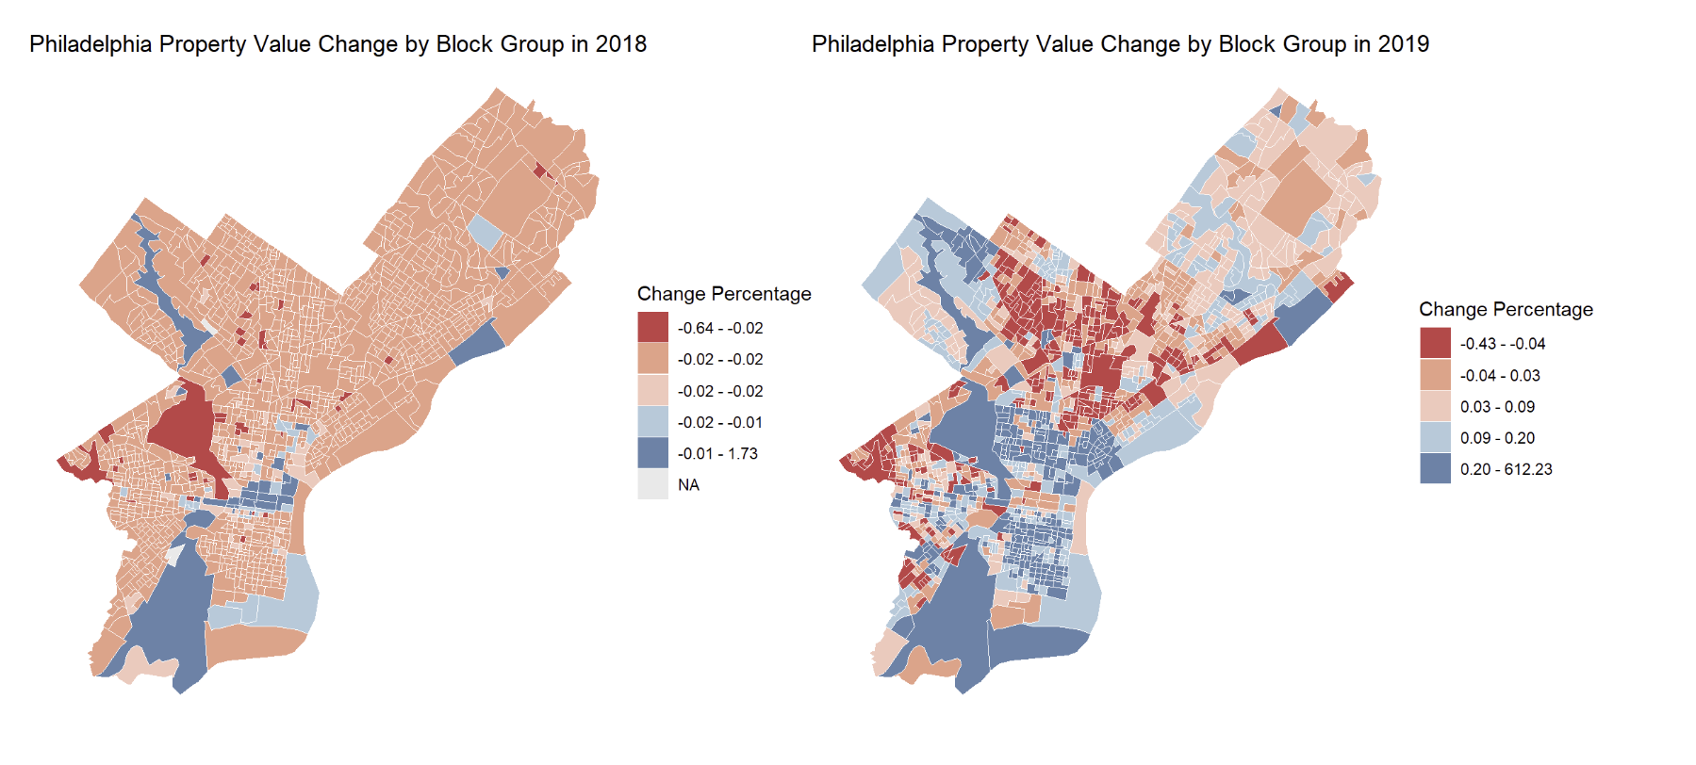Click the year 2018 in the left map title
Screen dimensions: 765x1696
620,44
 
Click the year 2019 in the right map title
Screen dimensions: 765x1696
1403,44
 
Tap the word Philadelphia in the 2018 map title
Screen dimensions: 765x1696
91,44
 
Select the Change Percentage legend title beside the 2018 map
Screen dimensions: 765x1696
724,294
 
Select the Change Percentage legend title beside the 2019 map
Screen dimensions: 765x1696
1506,310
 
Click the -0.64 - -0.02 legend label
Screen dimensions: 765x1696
720,329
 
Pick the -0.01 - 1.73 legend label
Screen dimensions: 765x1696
717,454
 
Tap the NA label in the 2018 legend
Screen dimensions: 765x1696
688,485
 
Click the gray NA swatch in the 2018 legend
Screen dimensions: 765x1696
652,485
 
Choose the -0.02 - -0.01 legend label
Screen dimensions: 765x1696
720,423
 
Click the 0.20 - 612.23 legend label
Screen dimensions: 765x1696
1506,470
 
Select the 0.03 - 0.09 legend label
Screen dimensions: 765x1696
1497,407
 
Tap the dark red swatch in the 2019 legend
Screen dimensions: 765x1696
1435,344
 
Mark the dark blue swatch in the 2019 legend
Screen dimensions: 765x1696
1435,469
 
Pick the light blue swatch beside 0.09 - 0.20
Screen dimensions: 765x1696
1435,438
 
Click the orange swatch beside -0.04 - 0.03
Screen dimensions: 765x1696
1435,375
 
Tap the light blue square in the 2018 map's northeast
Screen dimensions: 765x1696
486,231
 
